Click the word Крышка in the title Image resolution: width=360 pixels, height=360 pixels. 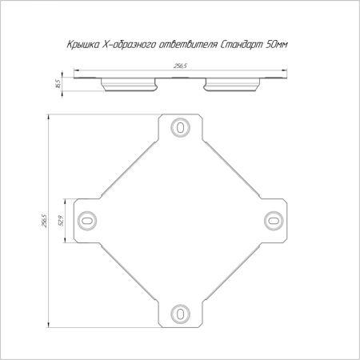pos(83,44)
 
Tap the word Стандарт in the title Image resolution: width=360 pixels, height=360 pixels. pos(242,44)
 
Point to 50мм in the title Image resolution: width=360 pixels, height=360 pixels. pos(277,44)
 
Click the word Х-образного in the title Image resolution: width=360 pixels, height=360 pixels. pos(129,44)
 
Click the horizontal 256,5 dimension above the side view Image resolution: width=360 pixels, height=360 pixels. pos(180,66)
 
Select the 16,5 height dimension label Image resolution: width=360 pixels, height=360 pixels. pos(58,84)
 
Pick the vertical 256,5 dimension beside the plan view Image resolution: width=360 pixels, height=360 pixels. pos(44,221)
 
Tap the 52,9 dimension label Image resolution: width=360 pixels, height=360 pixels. pos(61,221)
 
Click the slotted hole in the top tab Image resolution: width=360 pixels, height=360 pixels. pos(180,127)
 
